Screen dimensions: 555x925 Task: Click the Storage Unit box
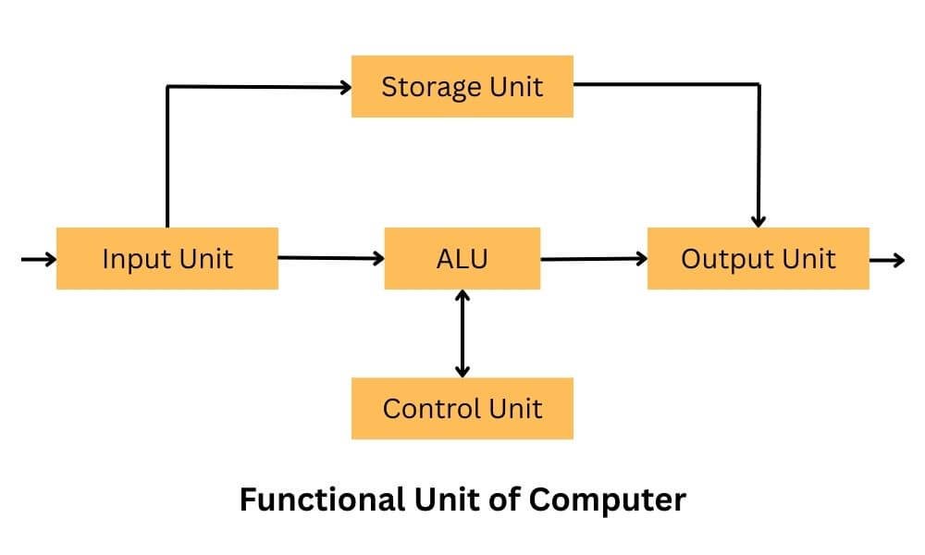[462, 87]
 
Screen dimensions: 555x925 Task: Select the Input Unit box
[166, 258]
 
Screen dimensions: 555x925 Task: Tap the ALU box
[462, 258]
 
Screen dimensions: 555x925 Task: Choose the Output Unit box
[758, 258]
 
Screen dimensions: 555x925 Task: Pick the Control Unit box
[462, 408]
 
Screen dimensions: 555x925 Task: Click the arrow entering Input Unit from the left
[38, 260]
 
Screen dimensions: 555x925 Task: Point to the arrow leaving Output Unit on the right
[887, 260]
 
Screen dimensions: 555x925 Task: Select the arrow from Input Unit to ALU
[330, 258]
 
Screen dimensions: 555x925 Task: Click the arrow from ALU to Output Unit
[593, 259]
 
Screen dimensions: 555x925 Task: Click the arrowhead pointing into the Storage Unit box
[345, 88]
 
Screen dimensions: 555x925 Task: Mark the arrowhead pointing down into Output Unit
[758, 221]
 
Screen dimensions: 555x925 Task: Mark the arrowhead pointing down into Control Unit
[462, 371]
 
